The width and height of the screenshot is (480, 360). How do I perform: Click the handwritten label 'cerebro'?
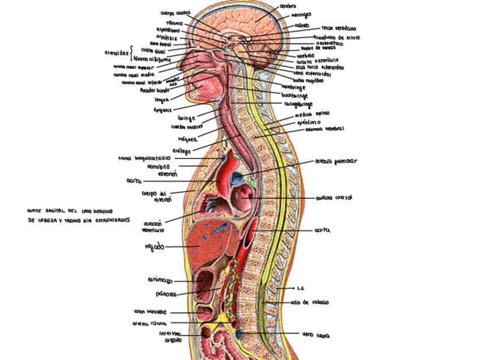pyautogui.click(x=288, y=6)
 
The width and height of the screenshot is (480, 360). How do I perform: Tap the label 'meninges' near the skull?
pyautogui.click(x=301, y=15)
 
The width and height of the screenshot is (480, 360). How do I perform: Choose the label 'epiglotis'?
pyautogui.click(x=162, y=110)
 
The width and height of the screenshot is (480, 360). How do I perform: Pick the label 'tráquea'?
pyautogui.click(x=187, y=139)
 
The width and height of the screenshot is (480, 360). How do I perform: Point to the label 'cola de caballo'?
pyautogui.click(x=310, y=302)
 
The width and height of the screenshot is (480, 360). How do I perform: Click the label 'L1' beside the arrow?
pyautogui.click(x=301, y=288)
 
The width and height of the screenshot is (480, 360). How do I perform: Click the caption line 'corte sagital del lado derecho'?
pyautogui.click(x=72, y=211)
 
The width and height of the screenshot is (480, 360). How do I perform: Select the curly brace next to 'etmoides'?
pyautogui.click(x=132, y=52)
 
